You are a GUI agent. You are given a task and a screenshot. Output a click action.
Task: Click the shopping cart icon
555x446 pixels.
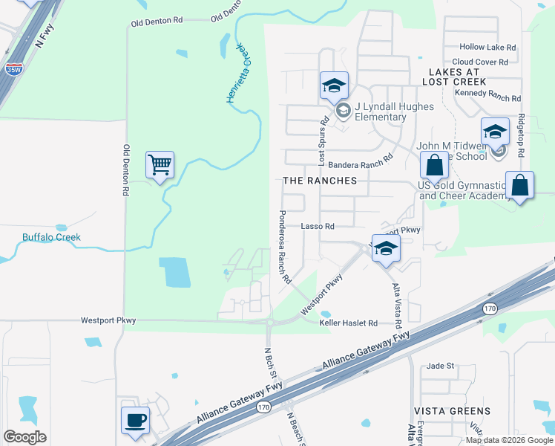tap(161, 164)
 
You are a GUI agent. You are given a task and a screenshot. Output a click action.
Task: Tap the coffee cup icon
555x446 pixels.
tap(135, 420)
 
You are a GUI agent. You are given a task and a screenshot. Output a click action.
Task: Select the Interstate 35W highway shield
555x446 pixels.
tap(13, 69)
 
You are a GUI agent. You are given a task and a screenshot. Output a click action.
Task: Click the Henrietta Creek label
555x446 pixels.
tap(239, 73)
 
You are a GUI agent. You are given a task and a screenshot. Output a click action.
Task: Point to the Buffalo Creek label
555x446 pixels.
tap(51, 238)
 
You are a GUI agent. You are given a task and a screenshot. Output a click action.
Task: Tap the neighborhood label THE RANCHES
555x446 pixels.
tap(320, 181)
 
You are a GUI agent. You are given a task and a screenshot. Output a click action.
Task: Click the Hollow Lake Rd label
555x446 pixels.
tap(487, 47)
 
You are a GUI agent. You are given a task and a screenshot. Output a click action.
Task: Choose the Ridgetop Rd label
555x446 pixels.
tap(522, 135)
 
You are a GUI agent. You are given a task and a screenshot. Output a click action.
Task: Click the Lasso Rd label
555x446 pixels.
tap(318, 226)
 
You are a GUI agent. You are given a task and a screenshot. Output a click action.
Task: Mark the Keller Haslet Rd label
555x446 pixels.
tap(349, 323)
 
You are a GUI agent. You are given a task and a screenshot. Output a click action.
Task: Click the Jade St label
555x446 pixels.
tap(441, 366)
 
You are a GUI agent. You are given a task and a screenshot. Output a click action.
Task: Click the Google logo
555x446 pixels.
tap(24, 437)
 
